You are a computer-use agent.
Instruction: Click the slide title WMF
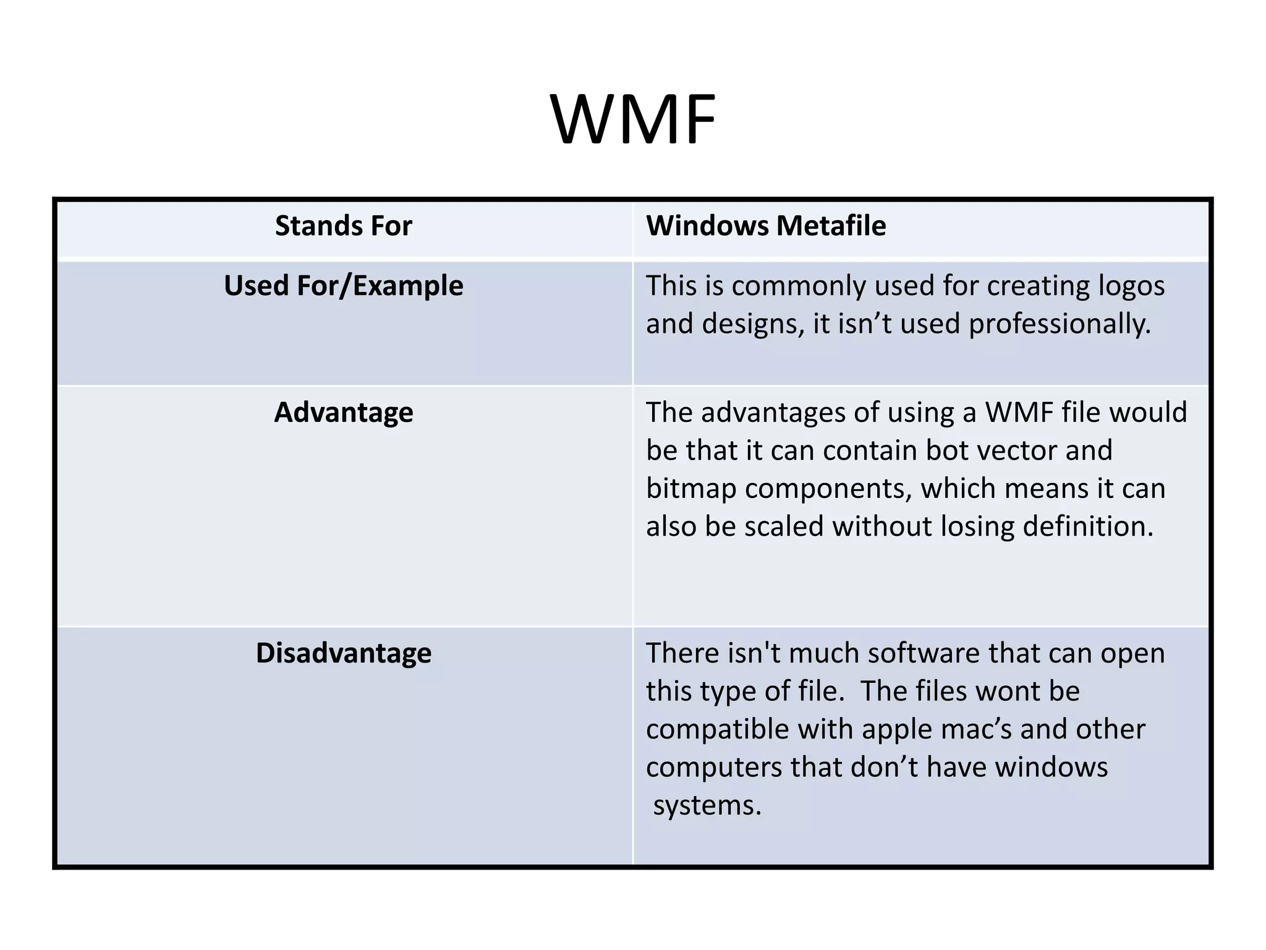(x=632, y=119)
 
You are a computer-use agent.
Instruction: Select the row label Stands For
(x=343, y=226)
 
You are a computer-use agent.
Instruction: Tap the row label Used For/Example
(x=343, y=286)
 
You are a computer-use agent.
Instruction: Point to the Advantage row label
(x=343, y=413)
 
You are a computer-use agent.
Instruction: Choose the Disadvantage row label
(x=343, y=653)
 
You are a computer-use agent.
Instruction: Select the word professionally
(x=1060, y=324)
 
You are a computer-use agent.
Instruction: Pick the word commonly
(x=797, y=286)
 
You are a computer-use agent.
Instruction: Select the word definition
(x=1088, y=526)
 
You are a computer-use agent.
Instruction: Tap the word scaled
(x=784, y=526)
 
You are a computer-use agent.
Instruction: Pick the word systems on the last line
(x=707, y=805)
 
